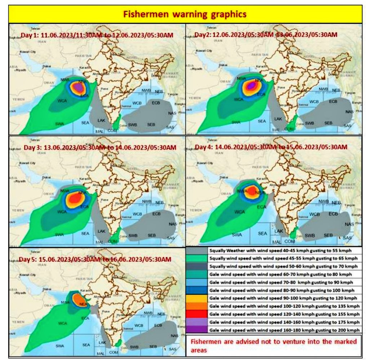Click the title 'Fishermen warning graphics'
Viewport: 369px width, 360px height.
pos(185,14)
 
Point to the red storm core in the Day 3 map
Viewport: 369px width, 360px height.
pos(76,198)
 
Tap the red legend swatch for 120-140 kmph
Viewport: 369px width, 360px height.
pos(196,314)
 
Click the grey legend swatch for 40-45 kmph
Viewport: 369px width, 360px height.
pos(196,250)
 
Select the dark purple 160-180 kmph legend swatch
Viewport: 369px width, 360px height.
pos(196,330)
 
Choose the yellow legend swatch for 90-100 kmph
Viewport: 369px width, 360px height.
pos(196,298)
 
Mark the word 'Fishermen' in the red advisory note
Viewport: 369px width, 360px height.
pos(205,342)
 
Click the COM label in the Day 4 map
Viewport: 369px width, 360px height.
pos(289,241)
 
